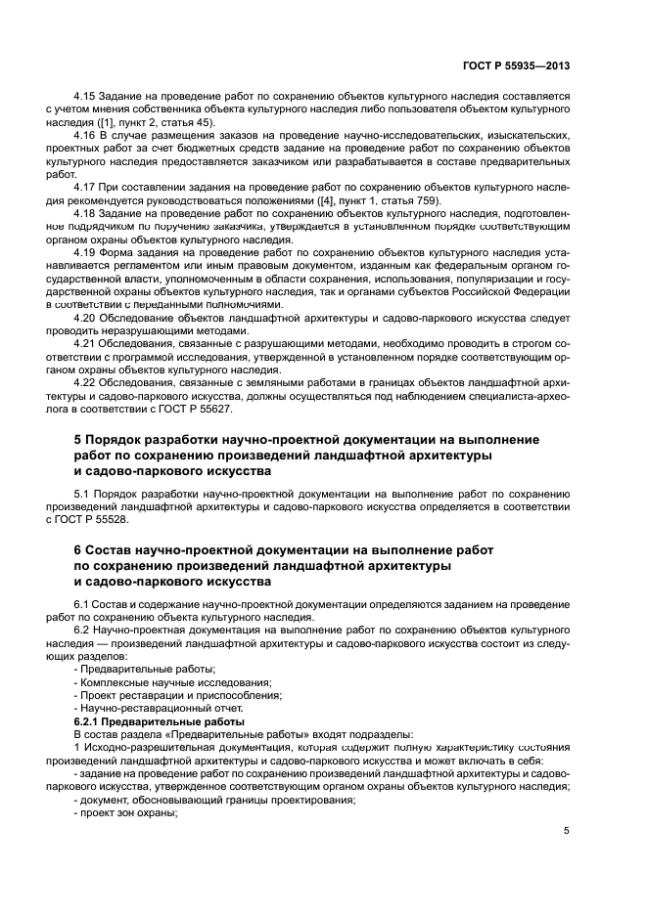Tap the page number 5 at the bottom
pyautogui.click(x=567, y=831)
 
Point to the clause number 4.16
pyautogui.click(x=86, y=137)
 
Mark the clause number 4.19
pyautogui.click(x=86, y=252)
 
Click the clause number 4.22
pyautogui.click(x=86, y=382)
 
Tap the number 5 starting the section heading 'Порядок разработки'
pyautogui.click(x=78, y=441)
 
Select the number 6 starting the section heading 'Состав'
pyautogui.click(x=78, y=551)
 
